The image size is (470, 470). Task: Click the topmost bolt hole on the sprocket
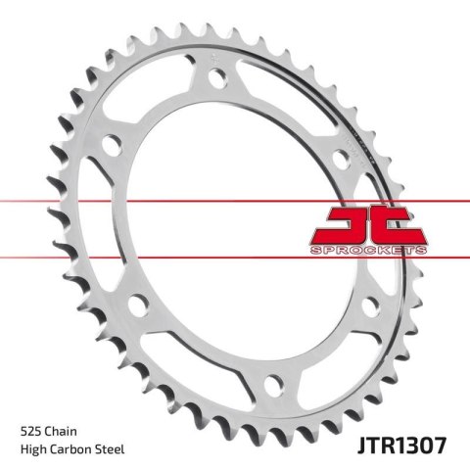pyautogui.click(x=216, y=82)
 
